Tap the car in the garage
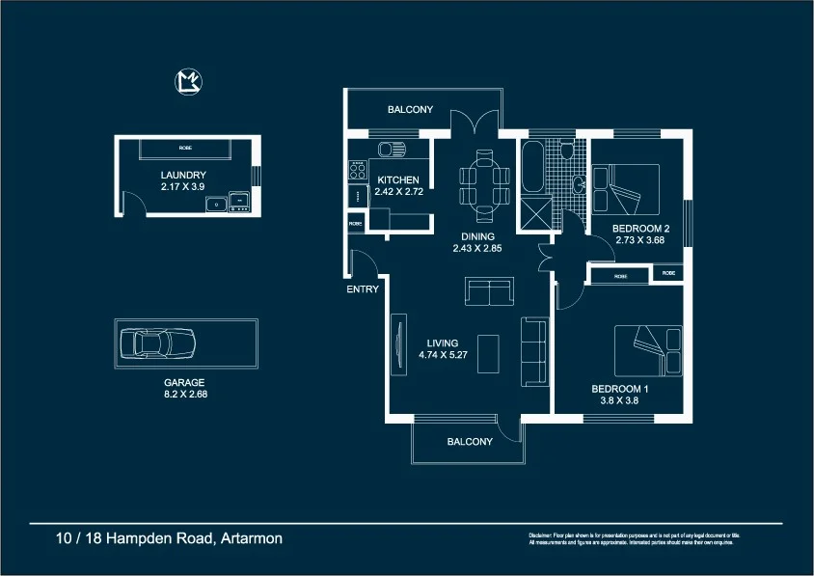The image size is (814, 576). [x=156, y=343]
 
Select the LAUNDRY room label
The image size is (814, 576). [x=183, y=175]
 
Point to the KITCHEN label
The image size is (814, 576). [x=397, y=180]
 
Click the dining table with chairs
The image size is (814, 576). [x=484, y=180]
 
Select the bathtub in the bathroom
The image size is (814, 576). [x=531, y=168]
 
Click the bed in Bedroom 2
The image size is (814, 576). [x=626, y=189]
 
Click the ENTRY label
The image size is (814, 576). [x=364, y=288]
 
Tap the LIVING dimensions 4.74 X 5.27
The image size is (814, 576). [x=445, y=355]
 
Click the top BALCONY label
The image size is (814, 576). [x=410, y=110]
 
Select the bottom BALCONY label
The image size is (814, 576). [x=470, y=442]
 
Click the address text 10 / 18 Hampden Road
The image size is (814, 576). [x=169, y=538]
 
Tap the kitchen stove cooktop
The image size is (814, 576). [x=357, y=171]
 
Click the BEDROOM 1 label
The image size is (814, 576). [x=619, y=390]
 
